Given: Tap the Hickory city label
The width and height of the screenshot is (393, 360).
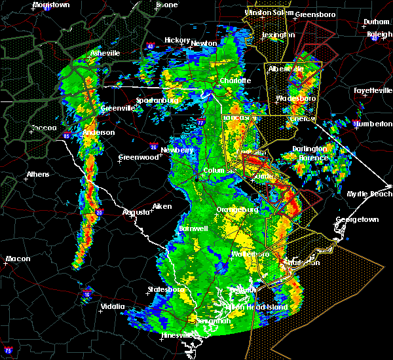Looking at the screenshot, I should (177, 40).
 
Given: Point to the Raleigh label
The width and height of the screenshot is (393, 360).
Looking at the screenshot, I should (379, 34).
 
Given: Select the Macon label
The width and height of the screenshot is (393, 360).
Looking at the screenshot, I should (18, 259).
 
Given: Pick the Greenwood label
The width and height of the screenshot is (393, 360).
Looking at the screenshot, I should (139, 157).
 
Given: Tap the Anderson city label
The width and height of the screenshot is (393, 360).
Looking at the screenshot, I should (99, 132).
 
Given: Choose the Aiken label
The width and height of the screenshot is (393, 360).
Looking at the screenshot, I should (162, 206).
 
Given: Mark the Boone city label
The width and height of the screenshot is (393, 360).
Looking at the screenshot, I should (166, 5).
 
